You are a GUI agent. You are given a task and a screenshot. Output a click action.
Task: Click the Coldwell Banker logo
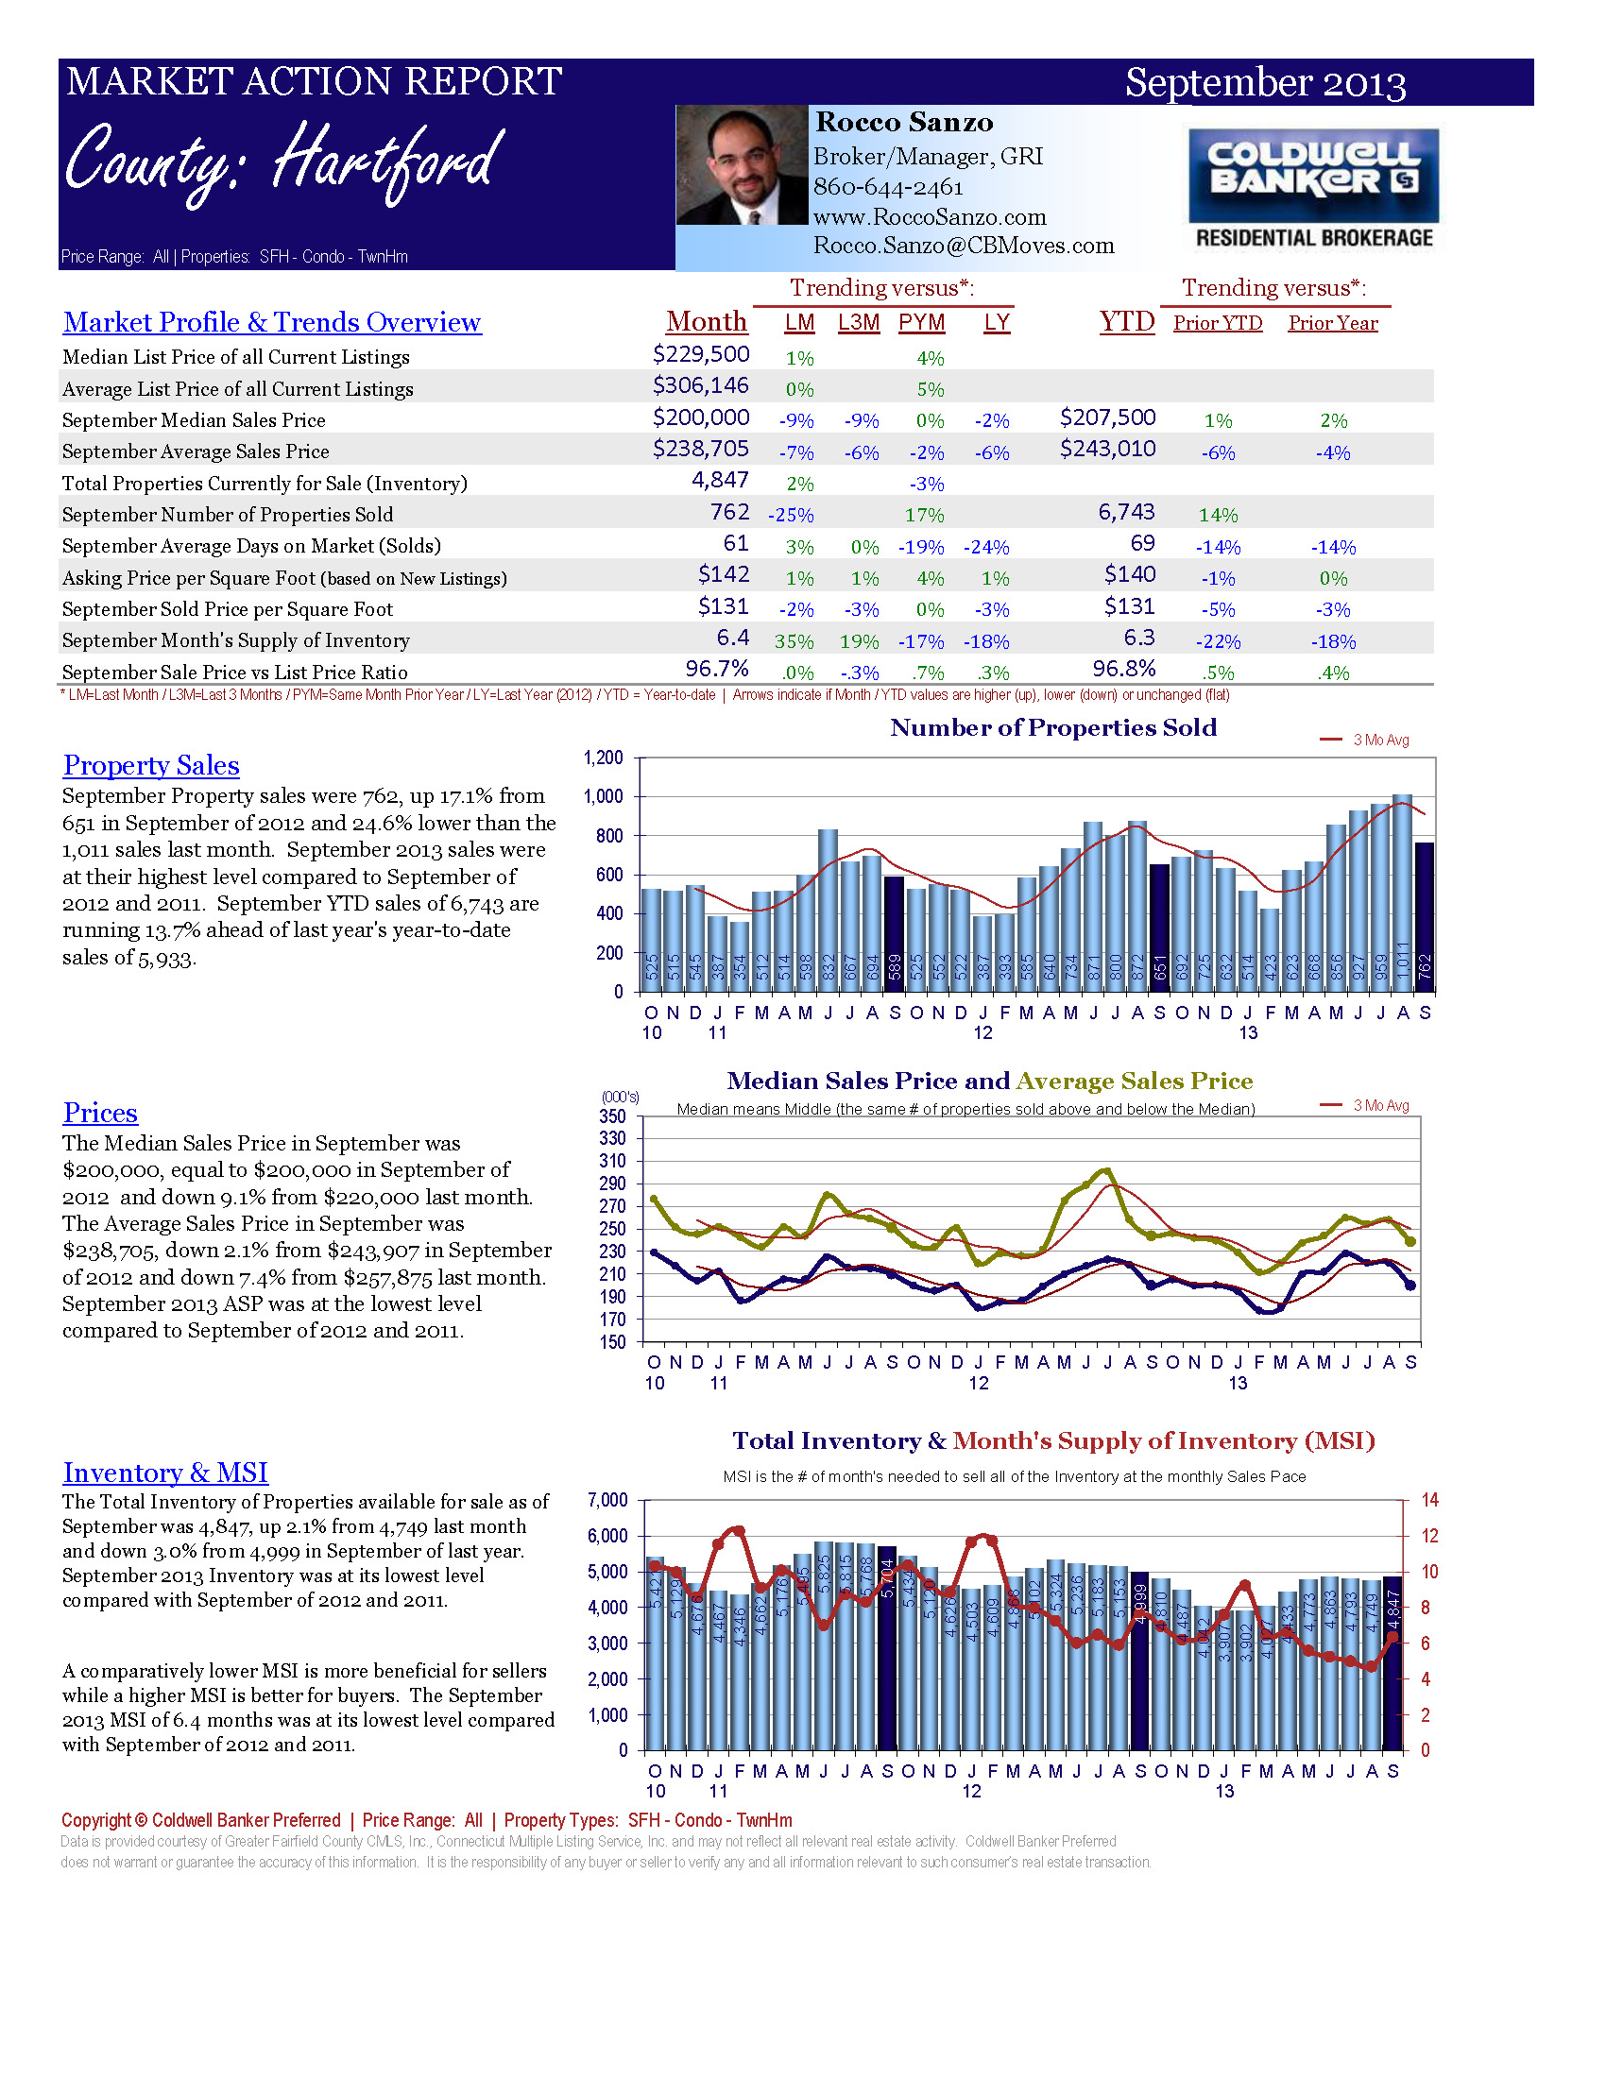pos(1313,188)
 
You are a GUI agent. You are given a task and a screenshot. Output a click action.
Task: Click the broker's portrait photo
pos(742,164)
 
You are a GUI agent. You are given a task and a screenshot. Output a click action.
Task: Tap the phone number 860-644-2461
pos(888,187)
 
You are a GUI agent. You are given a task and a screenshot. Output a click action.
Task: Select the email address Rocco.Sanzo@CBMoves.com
pos(963,246)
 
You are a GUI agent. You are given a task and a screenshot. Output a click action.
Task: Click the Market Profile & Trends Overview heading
pos(272,322)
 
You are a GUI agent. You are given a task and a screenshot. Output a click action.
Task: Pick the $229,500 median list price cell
pos(700,354)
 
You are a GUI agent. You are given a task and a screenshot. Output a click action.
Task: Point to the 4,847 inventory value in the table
pos(720,481)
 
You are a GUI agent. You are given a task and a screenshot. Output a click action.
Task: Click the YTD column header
pos(1126,321)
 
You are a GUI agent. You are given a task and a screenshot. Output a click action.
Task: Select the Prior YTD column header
pos(1217,323)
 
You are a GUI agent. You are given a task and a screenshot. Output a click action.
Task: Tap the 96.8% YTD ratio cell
pos(1123,669)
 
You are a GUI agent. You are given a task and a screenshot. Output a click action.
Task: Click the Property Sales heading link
pos(151,766)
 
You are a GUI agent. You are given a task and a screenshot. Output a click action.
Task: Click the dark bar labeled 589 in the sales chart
pos(894,932)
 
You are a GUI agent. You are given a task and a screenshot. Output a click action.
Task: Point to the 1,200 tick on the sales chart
pos(604,758)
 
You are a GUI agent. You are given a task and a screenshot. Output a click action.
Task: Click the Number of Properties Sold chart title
pos(1053,728)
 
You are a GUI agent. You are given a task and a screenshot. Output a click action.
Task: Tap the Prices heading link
pos(100,1114)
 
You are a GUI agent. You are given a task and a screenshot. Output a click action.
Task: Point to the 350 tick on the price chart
pos(613,1116)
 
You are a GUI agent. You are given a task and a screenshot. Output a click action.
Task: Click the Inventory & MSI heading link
pos(165,1473)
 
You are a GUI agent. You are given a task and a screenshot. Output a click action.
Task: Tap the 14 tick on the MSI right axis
pos(1429,1501)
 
